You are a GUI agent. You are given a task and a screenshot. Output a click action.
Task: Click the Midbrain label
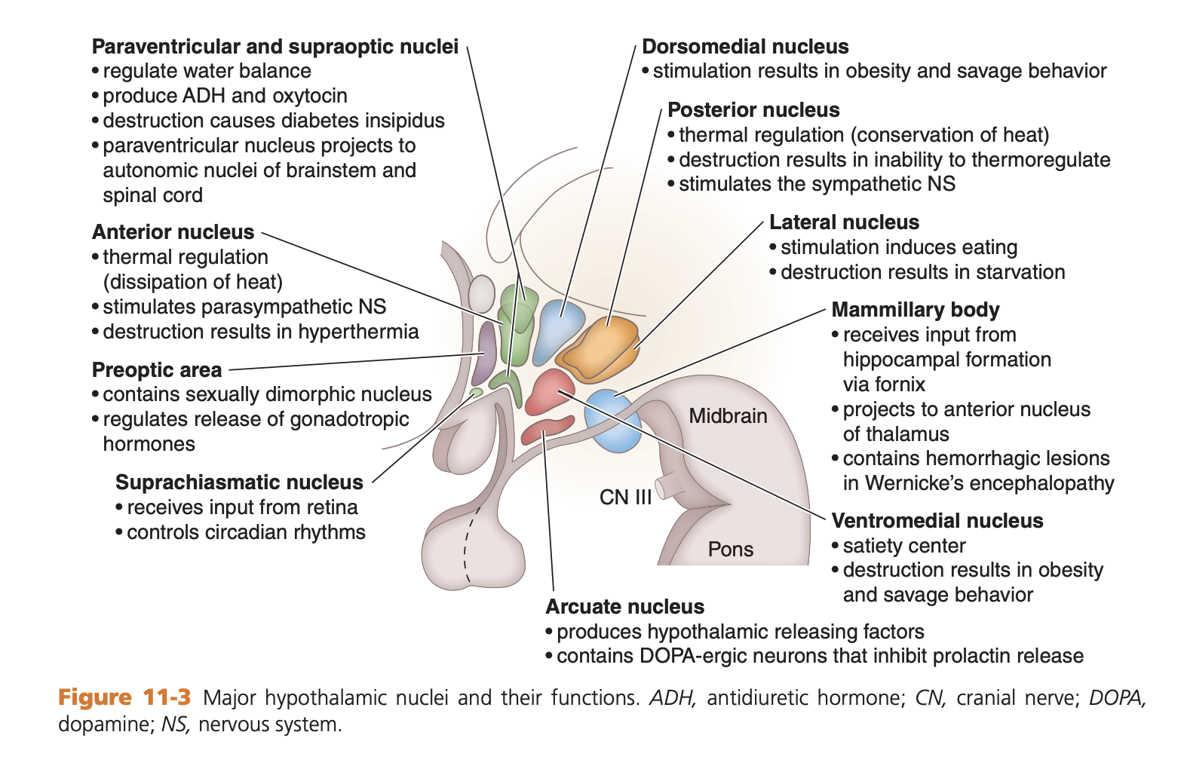(x=728, y=416)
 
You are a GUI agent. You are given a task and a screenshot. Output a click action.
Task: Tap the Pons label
(x=730, y=549)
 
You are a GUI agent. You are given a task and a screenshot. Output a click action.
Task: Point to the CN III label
(x=625, y=498)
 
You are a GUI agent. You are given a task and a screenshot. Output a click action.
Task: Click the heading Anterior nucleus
(x=173, y=232)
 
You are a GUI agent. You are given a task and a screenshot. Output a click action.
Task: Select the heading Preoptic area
(x=157, y=370)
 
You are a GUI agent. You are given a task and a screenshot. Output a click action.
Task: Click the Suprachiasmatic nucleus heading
(x=239, y=482)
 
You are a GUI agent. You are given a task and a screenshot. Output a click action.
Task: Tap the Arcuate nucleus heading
(x=624, y=607)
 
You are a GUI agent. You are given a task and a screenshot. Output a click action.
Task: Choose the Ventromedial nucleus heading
(x=937, y=521)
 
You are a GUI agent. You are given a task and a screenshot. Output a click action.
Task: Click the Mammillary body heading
(x=915, y=310)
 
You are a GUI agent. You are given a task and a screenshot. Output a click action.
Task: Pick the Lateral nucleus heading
(x=844, y=222)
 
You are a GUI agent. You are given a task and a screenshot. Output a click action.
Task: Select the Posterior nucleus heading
(x=753, y=110)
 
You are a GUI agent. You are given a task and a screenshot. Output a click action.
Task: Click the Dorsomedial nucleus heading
(x=745, y=47)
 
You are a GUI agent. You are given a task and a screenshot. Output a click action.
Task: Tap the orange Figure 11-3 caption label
(x=124, y=697)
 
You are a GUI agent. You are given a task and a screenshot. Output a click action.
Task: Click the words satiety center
(x=903, y=546)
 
